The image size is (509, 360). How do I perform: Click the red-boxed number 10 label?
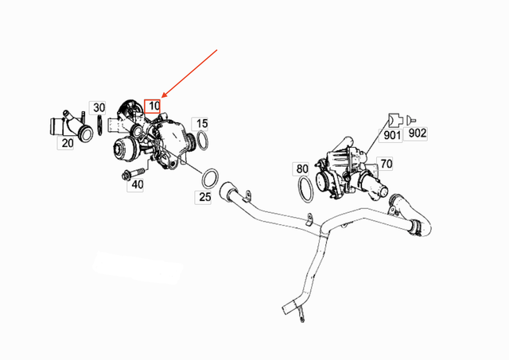click(x=153, y=105)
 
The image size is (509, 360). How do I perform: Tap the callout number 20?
click(x=67, y=143)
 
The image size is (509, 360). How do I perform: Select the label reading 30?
click(x=98, y=107)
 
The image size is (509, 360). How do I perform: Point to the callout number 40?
click(x=137, y=184)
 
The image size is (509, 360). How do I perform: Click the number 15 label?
click(x=202, y=123)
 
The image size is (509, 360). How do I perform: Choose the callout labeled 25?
click(x=204, y=195)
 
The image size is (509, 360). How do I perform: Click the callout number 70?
click(x=386, y=165)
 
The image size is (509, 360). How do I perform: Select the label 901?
click(x=391, y=135)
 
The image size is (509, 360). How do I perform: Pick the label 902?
click(x=417, y=134)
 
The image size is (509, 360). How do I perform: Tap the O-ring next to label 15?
click(x=203, y=141)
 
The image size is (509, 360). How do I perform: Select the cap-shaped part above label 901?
click(x=394, y=120)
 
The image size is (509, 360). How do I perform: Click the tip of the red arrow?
click(x=161, y=98)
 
